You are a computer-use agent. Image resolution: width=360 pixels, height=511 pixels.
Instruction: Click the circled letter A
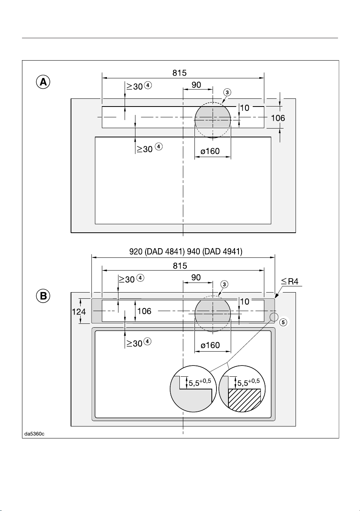[43, 82]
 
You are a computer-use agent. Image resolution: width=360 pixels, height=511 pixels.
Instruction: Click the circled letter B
[43, 296]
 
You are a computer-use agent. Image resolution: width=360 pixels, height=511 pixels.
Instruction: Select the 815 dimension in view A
[179, 73]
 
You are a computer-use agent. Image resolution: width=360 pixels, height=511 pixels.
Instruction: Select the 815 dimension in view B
[180, 266]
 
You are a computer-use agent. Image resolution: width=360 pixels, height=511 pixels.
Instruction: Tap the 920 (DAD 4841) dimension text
[157, 251]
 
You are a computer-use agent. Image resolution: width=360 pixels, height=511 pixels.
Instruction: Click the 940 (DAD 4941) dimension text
[215, 251]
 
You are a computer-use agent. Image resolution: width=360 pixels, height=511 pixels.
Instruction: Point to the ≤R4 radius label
[290, 281]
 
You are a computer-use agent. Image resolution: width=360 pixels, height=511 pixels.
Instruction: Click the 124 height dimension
[79, 311]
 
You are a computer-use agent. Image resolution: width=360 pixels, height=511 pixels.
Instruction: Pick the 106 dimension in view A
[278, 118]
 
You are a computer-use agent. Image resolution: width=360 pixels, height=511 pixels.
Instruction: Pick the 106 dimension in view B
[144, 311]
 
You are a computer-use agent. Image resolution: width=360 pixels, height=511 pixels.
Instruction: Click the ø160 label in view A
[210, 151]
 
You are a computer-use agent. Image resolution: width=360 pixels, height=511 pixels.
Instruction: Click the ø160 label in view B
[210, 345]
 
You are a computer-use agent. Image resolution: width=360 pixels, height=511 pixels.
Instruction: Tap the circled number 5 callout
[283, 322]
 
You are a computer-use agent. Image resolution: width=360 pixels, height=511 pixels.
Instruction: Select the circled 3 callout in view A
[227, 92]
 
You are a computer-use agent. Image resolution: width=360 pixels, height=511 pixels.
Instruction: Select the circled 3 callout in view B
[225, 284]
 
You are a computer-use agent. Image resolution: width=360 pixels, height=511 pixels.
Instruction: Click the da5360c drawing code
[34, 434]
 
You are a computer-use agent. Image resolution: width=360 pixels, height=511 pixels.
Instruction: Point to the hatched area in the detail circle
[244, 400]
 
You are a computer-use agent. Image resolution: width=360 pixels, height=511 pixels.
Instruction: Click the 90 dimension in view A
[196, 85]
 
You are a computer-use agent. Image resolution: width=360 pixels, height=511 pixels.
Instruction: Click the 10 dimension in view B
[245, 301]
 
